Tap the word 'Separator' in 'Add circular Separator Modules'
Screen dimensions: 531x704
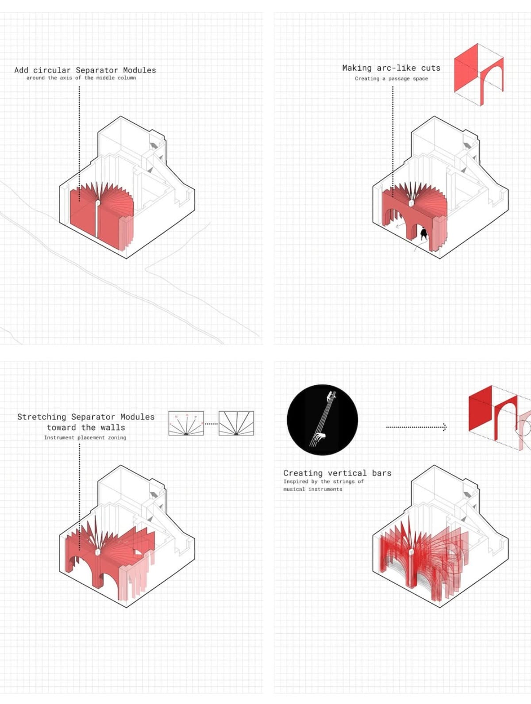click(97, 70)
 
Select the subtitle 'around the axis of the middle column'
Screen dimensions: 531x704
click(81, 78)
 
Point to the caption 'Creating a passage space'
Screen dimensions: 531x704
click(392, 79)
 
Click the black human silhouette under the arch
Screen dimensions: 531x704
click(423, 233)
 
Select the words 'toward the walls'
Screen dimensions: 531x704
click(86, 428)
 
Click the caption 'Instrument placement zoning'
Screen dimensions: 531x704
click(85, 437)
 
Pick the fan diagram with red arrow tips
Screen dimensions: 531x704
click(186, 423)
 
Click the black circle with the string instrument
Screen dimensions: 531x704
click(323, 420)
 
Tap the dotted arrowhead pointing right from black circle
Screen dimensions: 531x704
click(444, 427)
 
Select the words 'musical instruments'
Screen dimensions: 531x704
click(313, 489)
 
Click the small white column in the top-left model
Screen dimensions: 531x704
click(97, 203)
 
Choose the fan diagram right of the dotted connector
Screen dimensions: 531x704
click(236, 423)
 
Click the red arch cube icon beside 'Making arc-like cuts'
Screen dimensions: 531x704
click(479, 75)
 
